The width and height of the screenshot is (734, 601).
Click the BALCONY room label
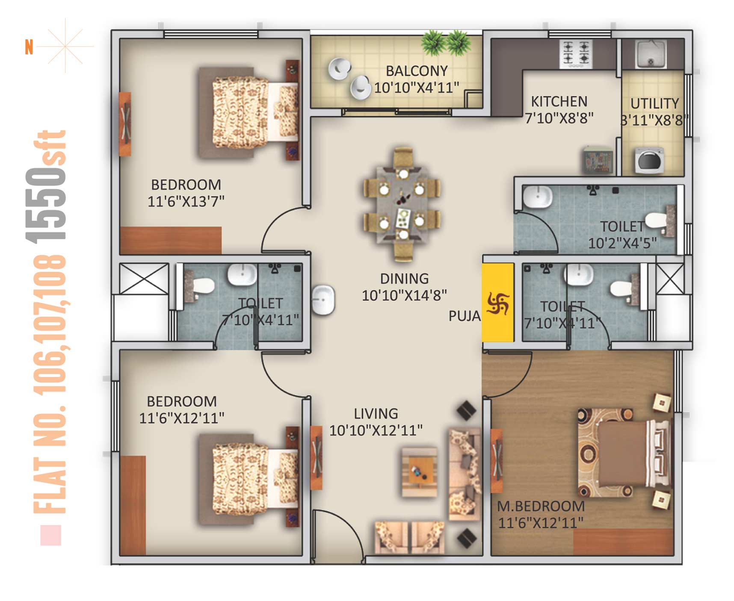click(417, 71)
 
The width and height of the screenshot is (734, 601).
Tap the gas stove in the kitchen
click(576, 54)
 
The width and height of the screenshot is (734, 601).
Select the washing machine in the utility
click(649, 160)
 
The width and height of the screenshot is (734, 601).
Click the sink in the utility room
click(651, 54)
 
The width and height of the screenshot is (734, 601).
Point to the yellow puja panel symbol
click(498, 303)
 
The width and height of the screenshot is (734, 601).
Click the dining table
click(402, 204)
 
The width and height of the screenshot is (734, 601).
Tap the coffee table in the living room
click(419, 471)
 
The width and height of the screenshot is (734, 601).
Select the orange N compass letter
click(29, 47)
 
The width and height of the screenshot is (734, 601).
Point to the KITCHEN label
click(559, 102)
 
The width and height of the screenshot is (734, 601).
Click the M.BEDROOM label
click(541, 506)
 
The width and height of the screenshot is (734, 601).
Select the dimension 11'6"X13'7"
click(186, 201)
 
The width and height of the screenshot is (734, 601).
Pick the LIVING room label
click(376, 413)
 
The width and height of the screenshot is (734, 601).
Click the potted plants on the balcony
click(446, 43)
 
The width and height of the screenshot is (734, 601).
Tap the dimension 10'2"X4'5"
click(622, 243)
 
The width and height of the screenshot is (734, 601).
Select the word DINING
click(404, 279)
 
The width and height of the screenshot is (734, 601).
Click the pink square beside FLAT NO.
click(51, 535)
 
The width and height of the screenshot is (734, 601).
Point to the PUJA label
click(465, 316)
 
